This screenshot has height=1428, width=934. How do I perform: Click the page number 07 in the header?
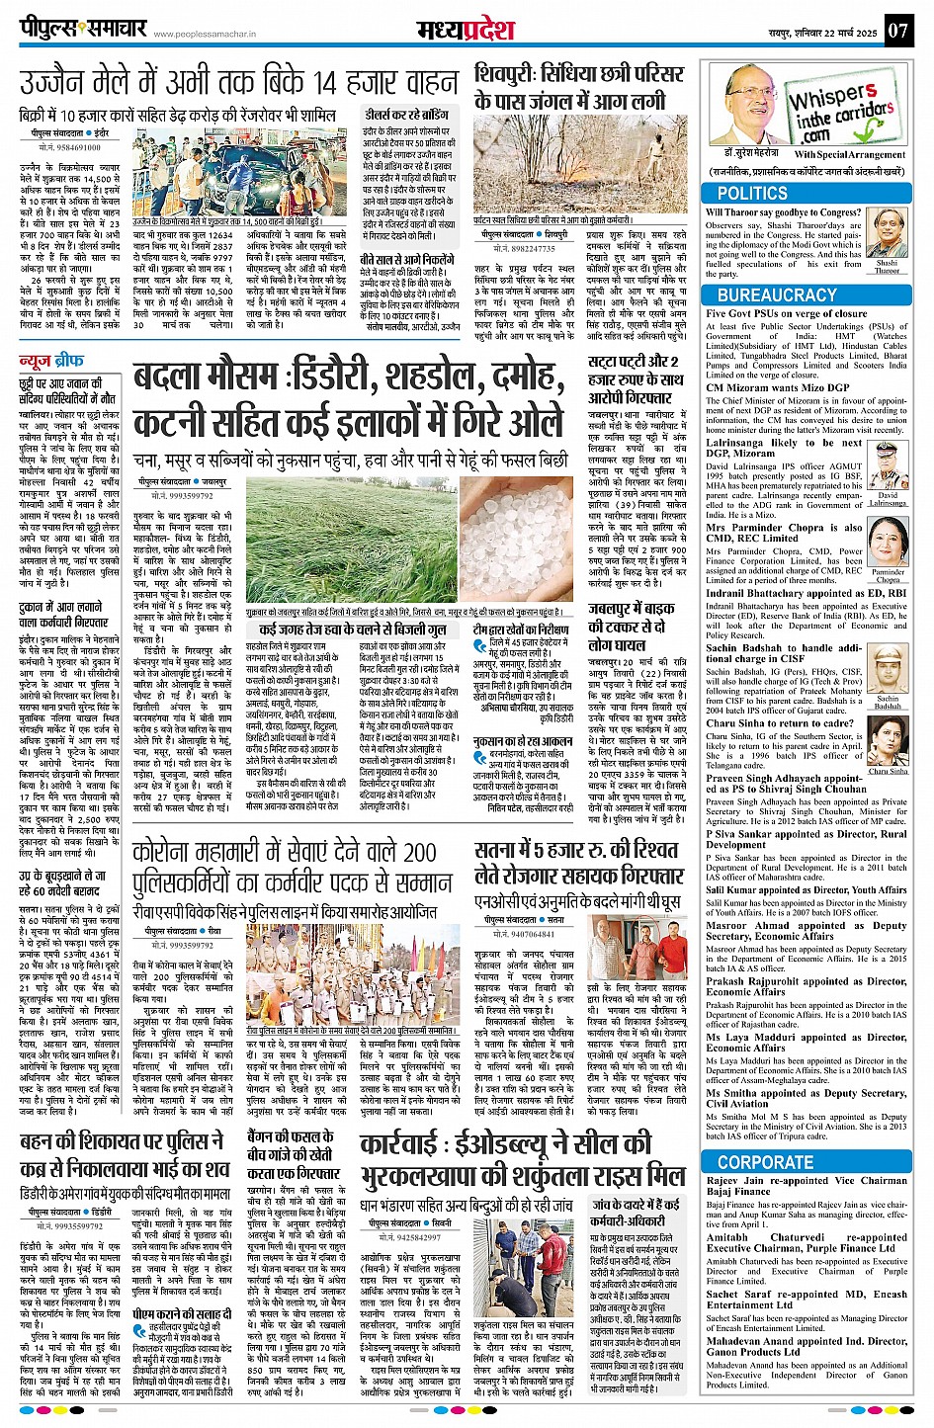tap(897, 30)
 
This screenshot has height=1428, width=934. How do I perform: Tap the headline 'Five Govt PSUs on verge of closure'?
tap(786, 314)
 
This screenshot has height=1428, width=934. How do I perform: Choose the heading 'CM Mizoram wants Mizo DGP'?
tap(777, 387)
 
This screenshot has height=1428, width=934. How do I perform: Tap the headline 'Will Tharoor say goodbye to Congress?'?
tap(783, 212)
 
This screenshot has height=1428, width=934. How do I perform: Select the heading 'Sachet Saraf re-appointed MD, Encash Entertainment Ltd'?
tap(807, 1301)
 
